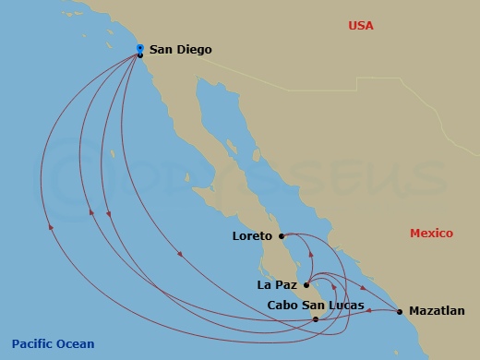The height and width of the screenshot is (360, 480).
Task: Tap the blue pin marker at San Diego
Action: click(x=139, y=48)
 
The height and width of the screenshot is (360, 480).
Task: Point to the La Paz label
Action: click(x=278, y=285)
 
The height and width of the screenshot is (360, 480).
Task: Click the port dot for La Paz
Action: click(x=306, y=285)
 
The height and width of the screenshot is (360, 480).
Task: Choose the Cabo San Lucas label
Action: click(x=316, y=305)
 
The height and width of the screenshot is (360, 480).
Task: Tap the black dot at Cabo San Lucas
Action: click(x=317, y=319)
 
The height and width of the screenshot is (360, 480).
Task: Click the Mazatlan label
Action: click(x=437, y=311)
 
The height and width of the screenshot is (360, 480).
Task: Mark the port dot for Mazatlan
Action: click(x=400, y=311)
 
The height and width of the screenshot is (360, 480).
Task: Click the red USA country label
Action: click(x=361, y=26)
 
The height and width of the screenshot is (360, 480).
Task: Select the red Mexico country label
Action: click(x=431, y=234)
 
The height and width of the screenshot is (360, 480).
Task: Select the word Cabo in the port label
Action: click(x=282, y=305)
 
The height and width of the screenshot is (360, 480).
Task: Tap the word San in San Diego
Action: click(x=161, y=50)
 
